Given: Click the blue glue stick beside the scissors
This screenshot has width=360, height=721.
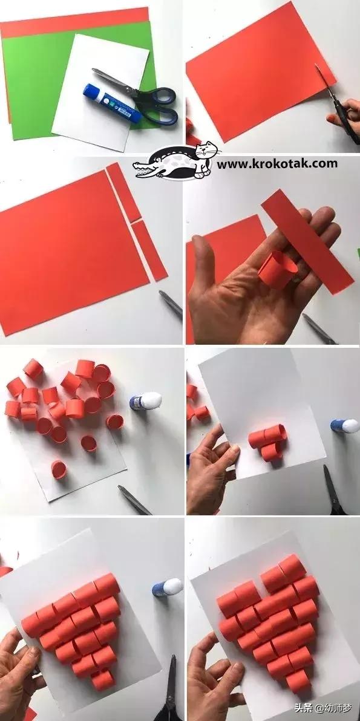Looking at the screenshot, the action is tap(112, 103).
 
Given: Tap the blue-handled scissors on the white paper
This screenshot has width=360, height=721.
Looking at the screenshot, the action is tap(143, 98).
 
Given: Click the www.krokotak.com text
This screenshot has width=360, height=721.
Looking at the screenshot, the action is tap(277, 164).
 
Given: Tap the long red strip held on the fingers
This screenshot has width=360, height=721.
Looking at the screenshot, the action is tap(307, 242).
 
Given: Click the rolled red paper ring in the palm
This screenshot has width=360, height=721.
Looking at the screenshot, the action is tap(277, 269).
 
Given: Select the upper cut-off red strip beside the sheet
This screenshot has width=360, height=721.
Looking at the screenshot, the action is tap(123, 192).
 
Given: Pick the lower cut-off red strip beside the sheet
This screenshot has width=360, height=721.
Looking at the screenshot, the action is tap(149, 250).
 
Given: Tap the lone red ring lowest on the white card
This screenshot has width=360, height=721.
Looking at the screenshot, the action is tap(59, 469).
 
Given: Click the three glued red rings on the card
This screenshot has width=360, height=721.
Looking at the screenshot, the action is tap(268, 442).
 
